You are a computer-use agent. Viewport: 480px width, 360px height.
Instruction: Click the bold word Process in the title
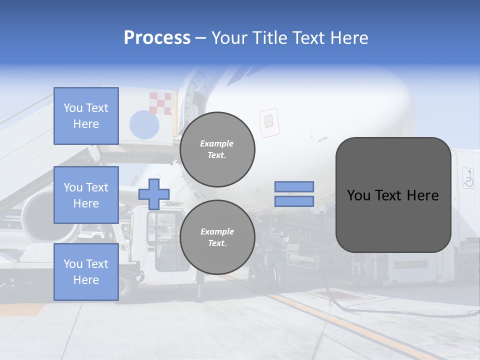pos(157,38)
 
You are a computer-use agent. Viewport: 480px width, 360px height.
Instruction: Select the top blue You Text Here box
pos(86,116)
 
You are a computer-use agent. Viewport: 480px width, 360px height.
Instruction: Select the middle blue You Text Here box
pos(86,195)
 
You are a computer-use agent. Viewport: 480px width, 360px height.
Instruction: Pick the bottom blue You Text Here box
pos(86,271)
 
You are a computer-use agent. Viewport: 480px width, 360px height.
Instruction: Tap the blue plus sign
pos(154,194)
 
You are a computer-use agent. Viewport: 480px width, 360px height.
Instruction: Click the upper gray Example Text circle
pos(217,149)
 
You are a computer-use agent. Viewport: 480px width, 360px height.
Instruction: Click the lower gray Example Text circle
pos(217,237)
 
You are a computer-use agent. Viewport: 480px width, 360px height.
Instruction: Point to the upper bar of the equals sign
pos(294,186)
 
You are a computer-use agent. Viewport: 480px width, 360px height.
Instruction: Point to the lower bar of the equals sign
pos(294,201)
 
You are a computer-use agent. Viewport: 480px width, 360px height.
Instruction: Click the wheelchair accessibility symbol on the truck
pos(468,178)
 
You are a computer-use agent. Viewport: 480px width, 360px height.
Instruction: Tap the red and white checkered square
pos(161,103)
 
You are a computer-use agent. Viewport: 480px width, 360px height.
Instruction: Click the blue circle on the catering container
pos(144,125)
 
